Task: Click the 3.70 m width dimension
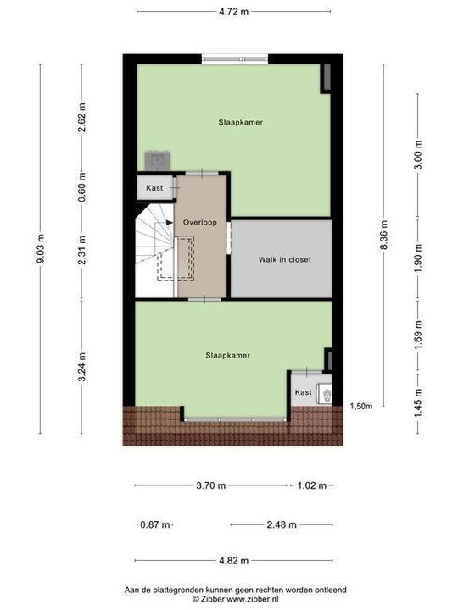point(209,485)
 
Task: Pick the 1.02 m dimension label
point(310,485)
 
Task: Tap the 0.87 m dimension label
point(154,524)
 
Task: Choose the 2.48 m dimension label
point(280,524)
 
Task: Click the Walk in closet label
point(284,259)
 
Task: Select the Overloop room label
point(200,221)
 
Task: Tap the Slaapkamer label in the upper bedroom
point(239,122)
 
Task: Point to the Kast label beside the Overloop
point(154,187)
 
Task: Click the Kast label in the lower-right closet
point(303,392)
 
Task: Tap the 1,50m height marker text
point(361,408)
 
